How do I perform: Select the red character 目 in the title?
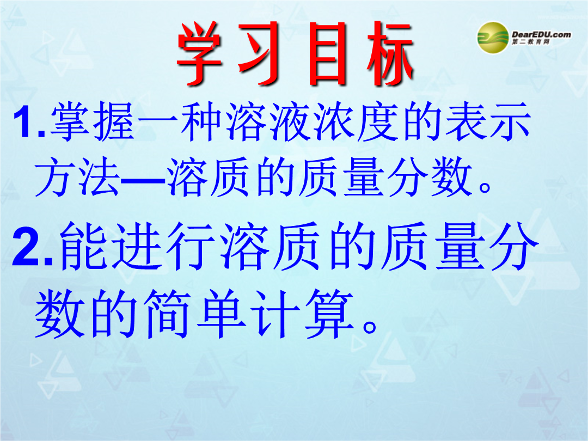click(327, 53)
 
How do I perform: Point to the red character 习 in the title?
click(262, 53)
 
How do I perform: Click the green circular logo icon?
click(493, 37)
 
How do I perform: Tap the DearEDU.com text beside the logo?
click(541, 34)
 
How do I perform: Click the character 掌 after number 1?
click(70, 121)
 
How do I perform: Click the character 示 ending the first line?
click(510, 121)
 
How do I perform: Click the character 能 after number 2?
click(83, 246)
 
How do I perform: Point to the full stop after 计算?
click(370, 326)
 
